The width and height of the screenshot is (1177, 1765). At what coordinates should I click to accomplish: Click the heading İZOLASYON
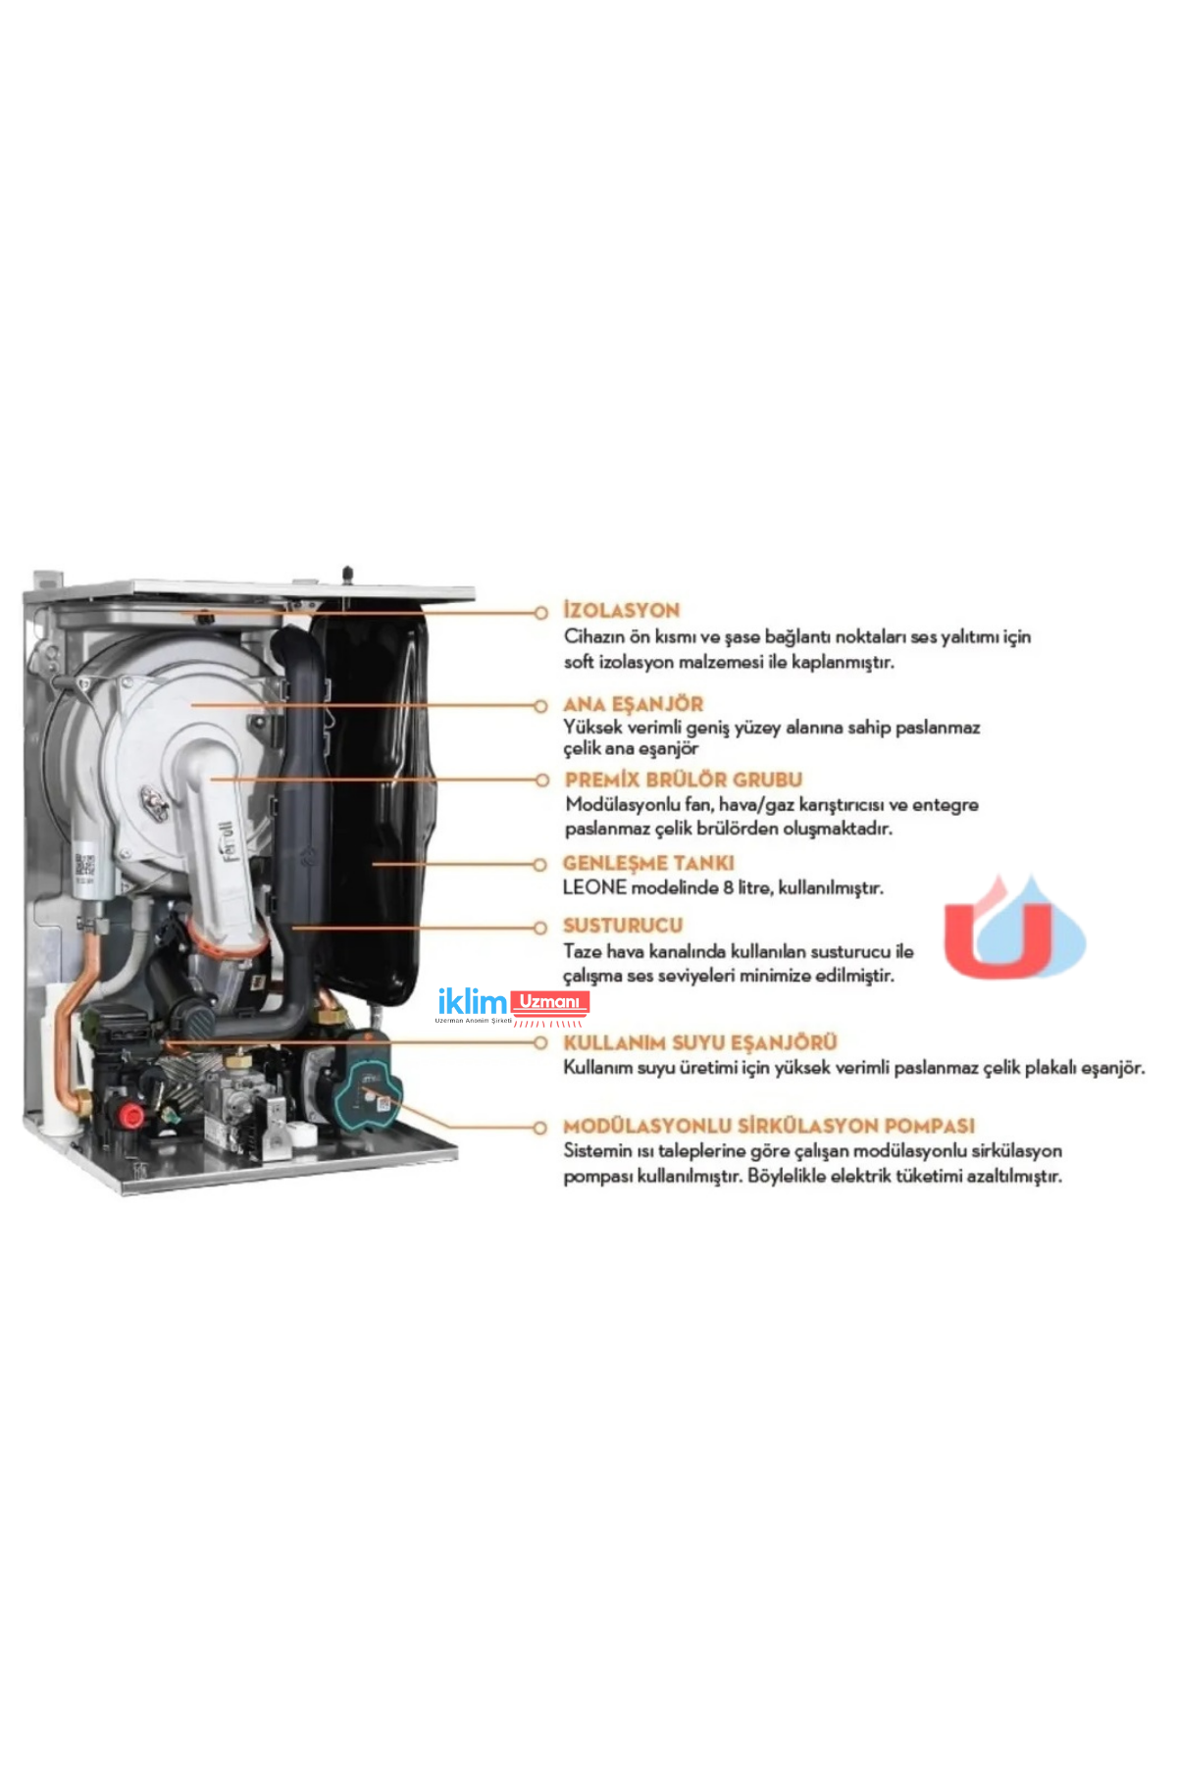[x=621, y=610]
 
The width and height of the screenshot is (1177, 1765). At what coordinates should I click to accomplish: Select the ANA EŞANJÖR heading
[x=633, y=704]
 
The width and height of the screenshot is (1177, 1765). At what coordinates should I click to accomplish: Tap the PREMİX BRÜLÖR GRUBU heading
[x=683, y=780]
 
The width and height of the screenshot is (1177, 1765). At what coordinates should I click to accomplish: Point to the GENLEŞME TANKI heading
[x=647, y=863]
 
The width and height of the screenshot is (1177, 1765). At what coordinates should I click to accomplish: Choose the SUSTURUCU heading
[x=622, y=925]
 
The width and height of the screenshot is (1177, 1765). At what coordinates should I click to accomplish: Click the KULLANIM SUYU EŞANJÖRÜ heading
[x=699, y=1042]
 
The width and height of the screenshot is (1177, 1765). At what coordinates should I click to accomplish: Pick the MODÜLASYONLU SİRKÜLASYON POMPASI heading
[x=768, y=1126]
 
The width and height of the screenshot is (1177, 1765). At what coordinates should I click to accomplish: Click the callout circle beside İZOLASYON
[x=540, y=612]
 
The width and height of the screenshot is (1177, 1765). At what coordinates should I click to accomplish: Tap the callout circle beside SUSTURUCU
[x=540, y=927]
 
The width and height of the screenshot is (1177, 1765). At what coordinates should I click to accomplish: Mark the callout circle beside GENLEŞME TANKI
[x=540, y=865]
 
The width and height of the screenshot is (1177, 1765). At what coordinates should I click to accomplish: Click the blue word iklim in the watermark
[x=472, y=1003]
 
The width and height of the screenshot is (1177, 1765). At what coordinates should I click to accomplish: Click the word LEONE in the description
[x=594, y=888]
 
